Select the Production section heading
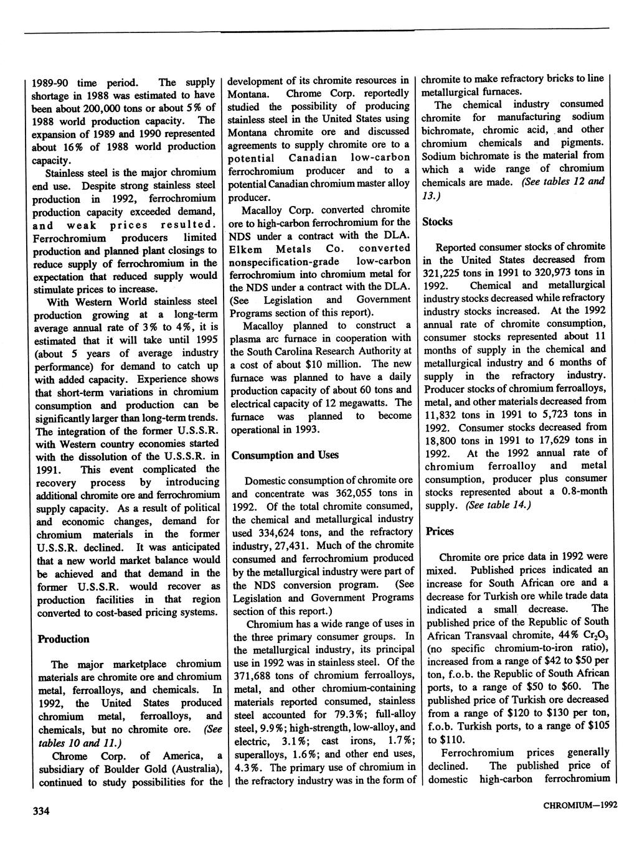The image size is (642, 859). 64,639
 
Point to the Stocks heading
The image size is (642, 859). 437,222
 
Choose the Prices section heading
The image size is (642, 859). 440,531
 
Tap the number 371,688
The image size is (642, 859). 252,676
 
